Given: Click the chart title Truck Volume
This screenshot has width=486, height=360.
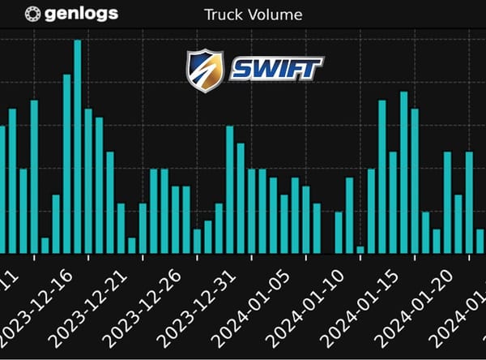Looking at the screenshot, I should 253,14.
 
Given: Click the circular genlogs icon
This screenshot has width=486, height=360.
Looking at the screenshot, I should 33,14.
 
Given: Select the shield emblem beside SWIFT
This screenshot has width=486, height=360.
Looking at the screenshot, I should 204,71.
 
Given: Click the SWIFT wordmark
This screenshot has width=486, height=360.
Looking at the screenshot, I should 276,69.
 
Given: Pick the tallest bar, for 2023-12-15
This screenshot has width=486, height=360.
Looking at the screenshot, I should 78,146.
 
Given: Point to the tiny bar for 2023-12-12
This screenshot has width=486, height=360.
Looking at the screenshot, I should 45,245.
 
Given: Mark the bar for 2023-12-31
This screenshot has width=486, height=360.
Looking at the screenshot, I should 251,211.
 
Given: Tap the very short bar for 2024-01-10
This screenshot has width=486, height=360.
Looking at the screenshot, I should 360,249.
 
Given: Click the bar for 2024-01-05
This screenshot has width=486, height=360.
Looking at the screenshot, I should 305,220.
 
